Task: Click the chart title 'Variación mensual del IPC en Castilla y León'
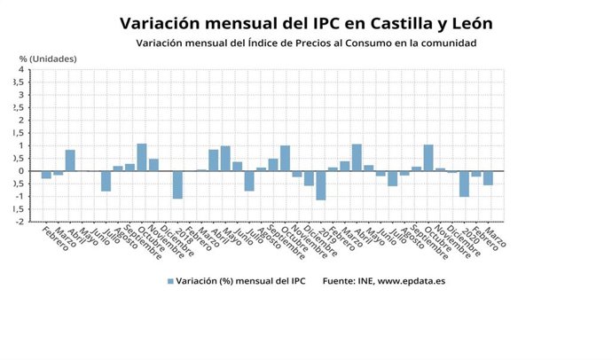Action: [305, 21]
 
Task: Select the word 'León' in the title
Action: [467, 21]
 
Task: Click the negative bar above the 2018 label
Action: [177, 184]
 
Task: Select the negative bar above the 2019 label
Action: [321, 185]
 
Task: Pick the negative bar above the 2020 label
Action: [464, 184]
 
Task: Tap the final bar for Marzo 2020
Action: [488, 178]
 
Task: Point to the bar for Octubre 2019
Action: [428, 158]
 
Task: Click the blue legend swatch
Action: [169, 281]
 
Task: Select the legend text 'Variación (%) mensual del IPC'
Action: [240, 281]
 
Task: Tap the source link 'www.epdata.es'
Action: [417, 281]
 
